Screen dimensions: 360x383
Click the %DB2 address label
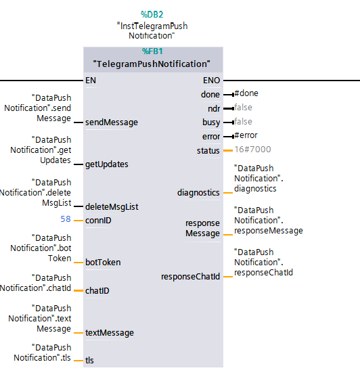pyautogui.click(x=152, y=15)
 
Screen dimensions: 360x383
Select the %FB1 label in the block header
pyautogui.click(x=152, y=51)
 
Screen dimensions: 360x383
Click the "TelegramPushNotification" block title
pyautogui.click(x=152, y=64)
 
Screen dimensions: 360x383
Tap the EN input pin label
pyautogui.click(x=91, y=81)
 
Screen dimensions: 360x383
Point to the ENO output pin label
pyautogui.click(x=212, y=81)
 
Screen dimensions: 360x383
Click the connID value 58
pyautogui.click(x=66, y=219)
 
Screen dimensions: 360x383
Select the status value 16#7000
pyautogui.click(x=253, y=150)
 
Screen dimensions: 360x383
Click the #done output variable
pyautogui.click(x=246, y=93)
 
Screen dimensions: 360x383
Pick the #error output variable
pyautogui.click(x=246, y=135)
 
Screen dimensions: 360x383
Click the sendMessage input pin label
pyautogui.click(x=112, y=122)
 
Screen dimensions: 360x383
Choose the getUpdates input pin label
pyautogui.click(x=107, y=164)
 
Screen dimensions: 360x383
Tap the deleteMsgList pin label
pyautogui.click(x=112, y=207)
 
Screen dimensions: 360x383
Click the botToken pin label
pyautogui.click(x=103, y=263)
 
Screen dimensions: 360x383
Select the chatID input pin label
pyautogui.click(x=97, y=291)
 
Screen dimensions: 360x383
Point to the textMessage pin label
pyautogui.click(x=110, y=333)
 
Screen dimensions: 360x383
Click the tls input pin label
pyautogui.click(x=89, y=360)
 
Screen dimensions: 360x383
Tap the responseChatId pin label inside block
pyautogui.click(x=191, y=277)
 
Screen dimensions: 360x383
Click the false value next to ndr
pyautogui.click(x=243, y=107)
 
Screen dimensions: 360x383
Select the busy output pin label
pyautogui.click(x=211, y=122)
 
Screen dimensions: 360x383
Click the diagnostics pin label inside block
pyautogui.click(x=198, y=193)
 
